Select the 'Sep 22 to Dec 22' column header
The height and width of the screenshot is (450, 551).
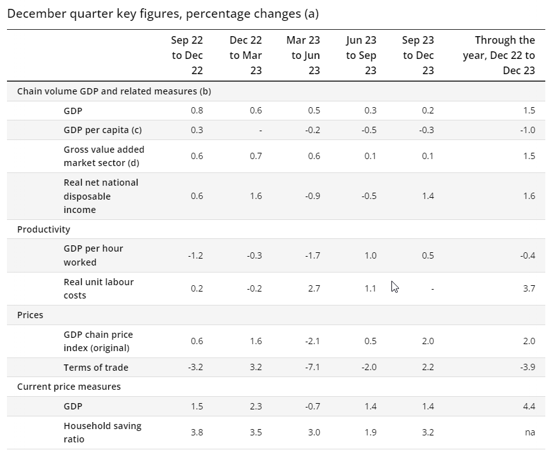187,56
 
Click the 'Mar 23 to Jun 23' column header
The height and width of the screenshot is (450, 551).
303,56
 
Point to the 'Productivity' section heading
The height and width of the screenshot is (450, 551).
44,229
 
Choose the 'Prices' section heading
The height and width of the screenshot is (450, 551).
30,315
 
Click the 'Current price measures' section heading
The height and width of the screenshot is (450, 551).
69,387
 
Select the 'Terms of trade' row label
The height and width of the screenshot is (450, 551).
96,368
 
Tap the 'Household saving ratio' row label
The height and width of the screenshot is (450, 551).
103,432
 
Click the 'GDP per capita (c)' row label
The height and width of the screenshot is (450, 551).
103,131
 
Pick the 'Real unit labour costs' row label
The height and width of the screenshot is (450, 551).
99,288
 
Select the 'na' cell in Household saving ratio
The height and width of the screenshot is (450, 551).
529,432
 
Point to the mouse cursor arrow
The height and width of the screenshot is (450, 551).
395,286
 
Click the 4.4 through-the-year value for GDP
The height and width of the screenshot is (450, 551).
528,406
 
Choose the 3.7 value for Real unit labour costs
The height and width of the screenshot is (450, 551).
529,288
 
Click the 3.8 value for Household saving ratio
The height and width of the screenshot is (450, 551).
196,432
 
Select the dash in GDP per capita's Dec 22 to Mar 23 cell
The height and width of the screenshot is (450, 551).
260,131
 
